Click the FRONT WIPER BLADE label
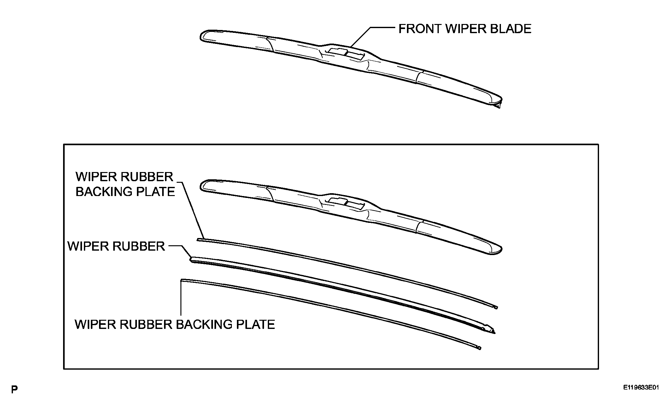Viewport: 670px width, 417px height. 465,29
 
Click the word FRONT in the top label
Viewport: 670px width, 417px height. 420,29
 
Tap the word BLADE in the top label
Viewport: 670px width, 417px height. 510,29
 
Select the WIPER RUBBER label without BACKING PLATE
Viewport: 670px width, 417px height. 116,246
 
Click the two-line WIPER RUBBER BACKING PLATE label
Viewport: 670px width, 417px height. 125,184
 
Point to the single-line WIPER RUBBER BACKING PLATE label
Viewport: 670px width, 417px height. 175,325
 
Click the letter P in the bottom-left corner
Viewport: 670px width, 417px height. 14,390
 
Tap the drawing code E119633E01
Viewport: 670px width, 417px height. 641,387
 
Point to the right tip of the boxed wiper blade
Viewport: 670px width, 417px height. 501,249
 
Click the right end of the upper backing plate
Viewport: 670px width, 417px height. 496,307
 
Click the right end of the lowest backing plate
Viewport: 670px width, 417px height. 479,348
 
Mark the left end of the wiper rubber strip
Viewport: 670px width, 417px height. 191,259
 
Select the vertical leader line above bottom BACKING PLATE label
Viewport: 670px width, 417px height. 181,298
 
